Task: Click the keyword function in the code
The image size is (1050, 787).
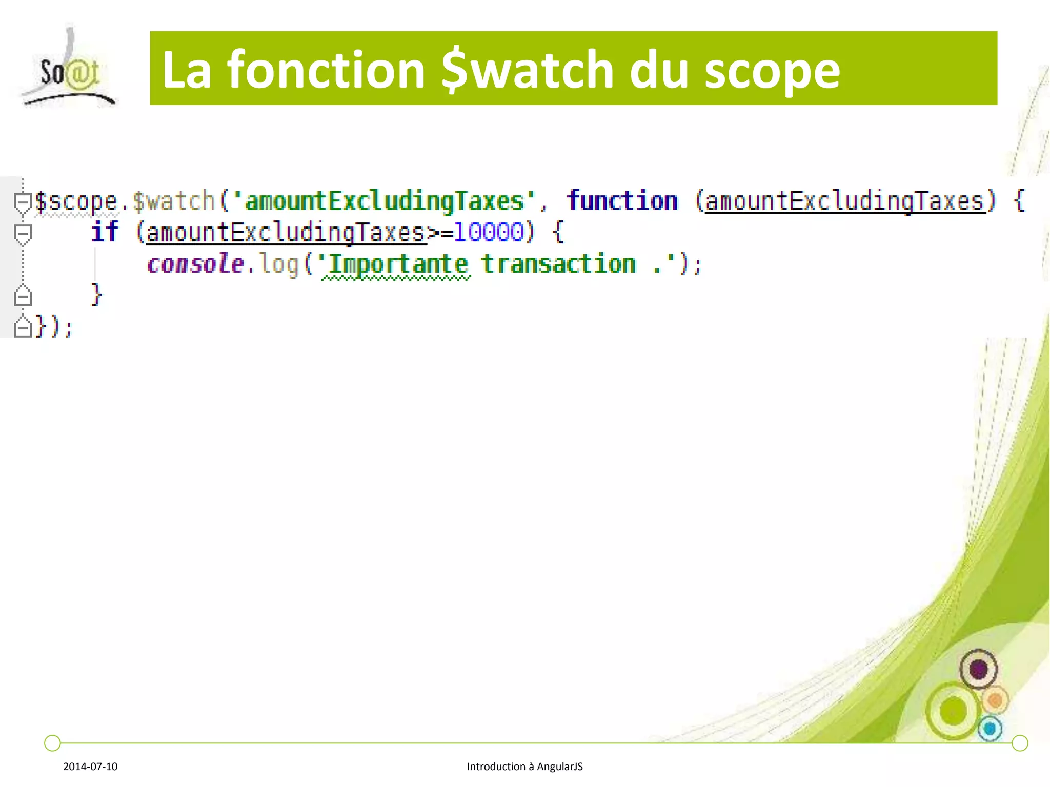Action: click(622, 200)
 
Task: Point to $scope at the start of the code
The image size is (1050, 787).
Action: click(76, 201)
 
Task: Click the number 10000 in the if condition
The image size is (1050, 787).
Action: click(489, 232)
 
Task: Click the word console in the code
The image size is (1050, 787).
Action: click(195, 264)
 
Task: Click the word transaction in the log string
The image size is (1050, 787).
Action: click(558, 264)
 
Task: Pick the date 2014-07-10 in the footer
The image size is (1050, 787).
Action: click(90, 767)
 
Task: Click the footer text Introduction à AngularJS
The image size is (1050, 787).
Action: click(524, 767)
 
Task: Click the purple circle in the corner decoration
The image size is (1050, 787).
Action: click(978, 669)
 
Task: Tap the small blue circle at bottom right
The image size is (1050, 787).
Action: click(990, 728)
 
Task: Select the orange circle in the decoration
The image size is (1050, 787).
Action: click(995, 700)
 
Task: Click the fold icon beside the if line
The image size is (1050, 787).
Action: click(23, 234)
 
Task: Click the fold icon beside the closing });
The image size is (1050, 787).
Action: click(23, 326)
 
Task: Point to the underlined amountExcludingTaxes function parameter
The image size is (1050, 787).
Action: click(845, 201)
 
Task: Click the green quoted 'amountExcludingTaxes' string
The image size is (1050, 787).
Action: click(385, 200)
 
